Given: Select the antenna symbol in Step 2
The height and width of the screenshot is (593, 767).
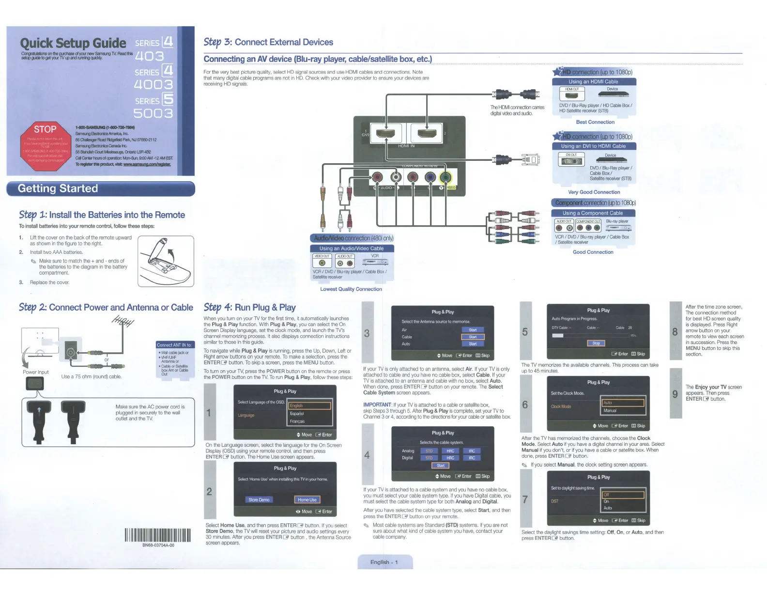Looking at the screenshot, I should pos(123,321).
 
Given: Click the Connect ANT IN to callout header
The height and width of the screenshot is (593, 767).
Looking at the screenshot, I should pos(174,345).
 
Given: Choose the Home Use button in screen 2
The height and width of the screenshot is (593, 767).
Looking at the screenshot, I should pos(307,499).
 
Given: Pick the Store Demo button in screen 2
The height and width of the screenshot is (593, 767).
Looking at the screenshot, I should pos(259,499).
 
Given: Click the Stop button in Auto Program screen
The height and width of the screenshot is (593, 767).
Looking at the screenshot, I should pos(596,343).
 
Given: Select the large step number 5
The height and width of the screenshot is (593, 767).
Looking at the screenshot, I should pos(525,332).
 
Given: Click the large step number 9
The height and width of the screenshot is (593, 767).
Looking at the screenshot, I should pos(675,394).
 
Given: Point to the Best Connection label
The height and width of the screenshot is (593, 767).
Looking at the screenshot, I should pos(595,122).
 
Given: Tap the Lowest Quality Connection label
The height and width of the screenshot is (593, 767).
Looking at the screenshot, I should pos(351,289).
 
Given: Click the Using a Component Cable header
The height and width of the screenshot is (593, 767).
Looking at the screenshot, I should pos(593,213).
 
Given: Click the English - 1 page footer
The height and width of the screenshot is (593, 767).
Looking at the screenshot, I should pos(384,562).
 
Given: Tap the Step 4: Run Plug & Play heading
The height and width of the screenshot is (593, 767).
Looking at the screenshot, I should pos(249,307).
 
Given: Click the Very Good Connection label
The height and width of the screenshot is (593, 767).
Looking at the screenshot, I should pos(594,192).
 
